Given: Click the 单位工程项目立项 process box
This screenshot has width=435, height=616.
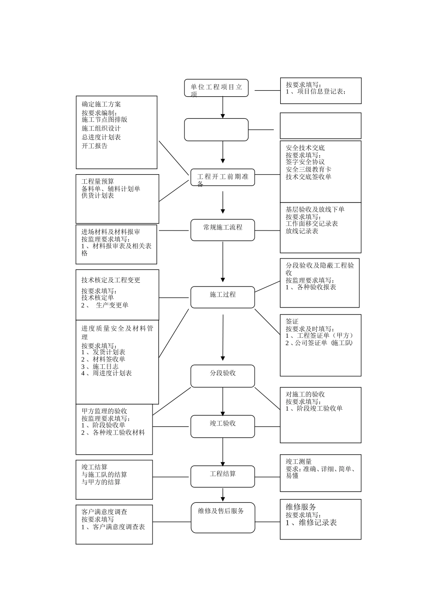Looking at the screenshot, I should tap(216, 88).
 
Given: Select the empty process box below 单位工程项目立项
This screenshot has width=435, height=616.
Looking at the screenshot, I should tap(216, 130).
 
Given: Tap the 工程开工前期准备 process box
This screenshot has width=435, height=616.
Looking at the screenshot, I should tap(223, 177).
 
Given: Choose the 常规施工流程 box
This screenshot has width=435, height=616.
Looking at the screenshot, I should tap(223, 230).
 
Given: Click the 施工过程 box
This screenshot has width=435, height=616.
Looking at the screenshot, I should tap(223, 297).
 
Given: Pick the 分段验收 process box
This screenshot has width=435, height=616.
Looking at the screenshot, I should tap(223, 376).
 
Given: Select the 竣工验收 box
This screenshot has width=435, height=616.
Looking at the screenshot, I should tap(223, 426).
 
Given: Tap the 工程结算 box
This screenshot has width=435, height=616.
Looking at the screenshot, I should tap(223, 476).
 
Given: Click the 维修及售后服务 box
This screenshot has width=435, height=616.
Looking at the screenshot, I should tap(223, 517).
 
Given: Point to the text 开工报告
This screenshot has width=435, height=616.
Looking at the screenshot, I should tap(94, 146).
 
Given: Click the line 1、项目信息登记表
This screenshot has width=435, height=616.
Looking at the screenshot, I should tap(315, 92).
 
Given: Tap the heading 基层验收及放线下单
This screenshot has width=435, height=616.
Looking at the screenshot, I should tap(315, 209).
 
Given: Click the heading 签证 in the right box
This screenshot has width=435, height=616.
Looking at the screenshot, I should tap(292, 322).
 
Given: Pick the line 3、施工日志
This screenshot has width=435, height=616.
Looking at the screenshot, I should tap(100, 367).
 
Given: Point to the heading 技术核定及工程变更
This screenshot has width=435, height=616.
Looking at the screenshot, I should tap(111, 280).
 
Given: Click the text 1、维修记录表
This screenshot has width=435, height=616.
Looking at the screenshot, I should tap(311, 522).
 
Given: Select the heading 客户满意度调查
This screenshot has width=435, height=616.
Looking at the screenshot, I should tap(104, 512).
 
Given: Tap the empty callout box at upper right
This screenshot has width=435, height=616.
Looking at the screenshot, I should tap(321, 126).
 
